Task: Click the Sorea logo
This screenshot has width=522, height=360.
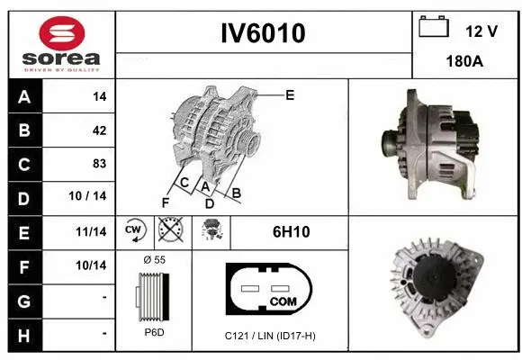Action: (60, 42)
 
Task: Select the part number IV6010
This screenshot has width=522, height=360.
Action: (264, 33)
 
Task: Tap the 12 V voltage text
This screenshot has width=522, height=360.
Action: (481, 31)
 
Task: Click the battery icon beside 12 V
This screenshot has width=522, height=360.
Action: (434, 28)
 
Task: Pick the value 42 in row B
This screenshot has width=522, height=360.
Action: (99, 130)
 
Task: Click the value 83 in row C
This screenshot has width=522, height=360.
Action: (99, 165)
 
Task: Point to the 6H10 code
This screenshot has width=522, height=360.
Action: (291, 232)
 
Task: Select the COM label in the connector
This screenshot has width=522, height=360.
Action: (283, 301)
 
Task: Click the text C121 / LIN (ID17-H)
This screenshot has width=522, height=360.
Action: (270, 336)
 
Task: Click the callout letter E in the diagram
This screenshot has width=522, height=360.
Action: (290, 94)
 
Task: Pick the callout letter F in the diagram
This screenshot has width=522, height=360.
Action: (165, 202)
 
